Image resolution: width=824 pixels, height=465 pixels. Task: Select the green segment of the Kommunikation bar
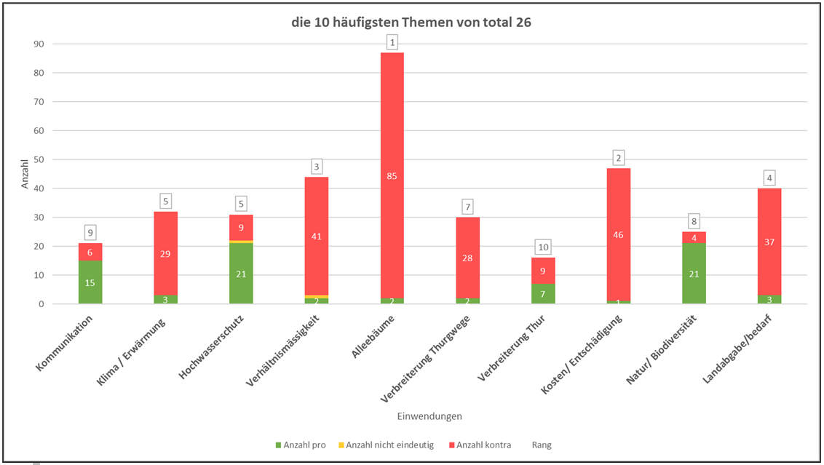pos(90,282)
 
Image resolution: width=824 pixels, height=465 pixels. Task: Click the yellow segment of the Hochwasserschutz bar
pos(241,242)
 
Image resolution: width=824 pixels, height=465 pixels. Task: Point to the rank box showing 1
pos(392,43)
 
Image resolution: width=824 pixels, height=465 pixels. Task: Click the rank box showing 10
pos(543,247)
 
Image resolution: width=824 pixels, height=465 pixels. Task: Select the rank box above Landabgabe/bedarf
pos(769,177)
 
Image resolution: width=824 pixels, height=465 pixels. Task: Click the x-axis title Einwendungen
pos(429,416)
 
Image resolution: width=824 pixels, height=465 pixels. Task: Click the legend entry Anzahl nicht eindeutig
pos(389,445)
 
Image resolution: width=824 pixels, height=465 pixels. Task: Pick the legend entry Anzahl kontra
pos(480,445)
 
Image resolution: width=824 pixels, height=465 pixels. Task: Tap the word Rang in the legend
pos(542,445)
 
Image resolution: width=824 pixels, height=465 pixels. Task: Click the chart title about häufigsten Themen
pos(412,23)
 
